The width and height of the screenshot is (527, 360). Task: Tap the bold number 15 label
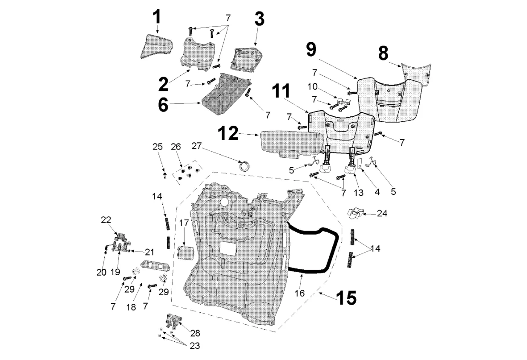coord(346,298)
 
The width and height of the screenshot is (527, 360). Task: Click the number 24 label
coord(382,213)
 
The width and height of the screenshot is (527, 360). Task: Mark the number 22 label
coord(106,220)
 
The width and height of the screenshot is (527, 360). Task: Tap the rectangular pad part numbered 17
coord(184,252)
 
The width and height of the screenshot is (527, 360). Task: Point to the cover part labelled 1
coord(156,46)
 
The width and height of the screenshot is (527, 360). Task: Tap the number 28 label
coord(195,333)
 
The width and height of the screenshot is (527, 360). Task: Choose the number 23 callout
coord(194,346)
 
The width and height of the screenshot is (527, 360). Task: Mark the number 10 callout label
coord(325,86)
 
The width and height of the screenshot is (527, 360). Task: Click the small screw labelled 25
coord(165,174)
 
